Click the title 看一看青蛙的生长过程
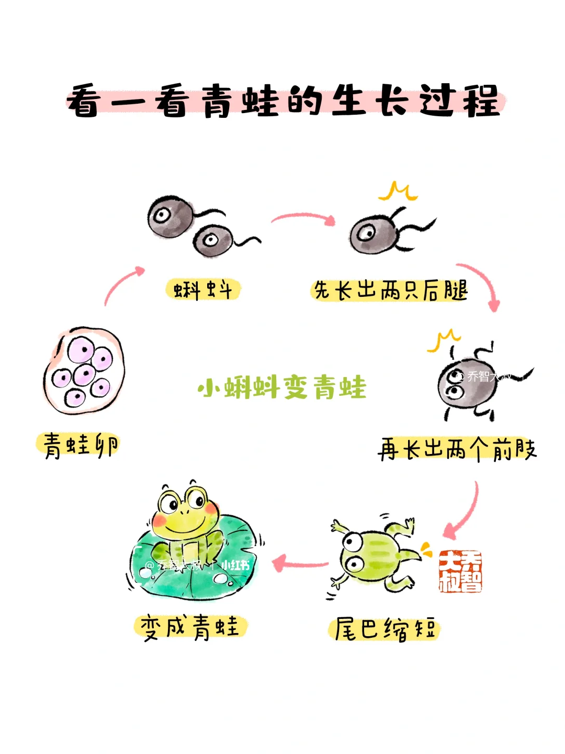(285, 101)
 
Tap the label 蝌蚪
(203, 290)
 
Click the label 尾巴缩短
(385, 629)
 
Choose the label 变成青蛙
(190, 627)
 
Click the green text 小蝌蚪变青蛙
(282, 388)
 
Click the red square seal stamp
(460, 571)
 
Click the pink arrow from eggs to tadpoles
(122, 284)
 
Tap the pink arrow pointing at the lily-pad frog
(300, 564)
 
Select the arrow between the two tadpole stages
(304, 218)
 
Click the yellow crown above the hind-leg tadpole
(399, 192)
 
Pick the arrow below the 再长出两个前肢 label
(464, 513)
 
